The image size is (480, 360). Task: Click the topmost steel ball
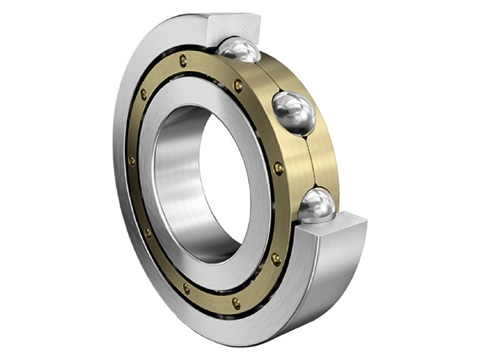(239, 49)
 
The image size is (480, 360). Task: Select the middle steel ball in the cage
(294, 113)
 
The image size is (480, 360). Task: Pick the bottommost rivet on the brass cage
(236, 303)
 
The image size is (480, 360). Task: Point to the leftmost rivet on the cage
(132, 161)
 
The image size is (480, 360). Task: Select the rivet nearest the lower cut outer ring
(275, 259)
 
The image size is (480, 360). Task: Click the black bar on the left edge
(24, 180)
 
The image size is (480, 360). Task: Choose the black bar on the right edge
(456, 180)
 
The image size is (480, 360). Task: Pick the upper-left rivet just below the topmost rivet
(143, 94)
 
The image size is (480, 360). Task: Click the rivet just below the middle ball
(278, 168)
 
